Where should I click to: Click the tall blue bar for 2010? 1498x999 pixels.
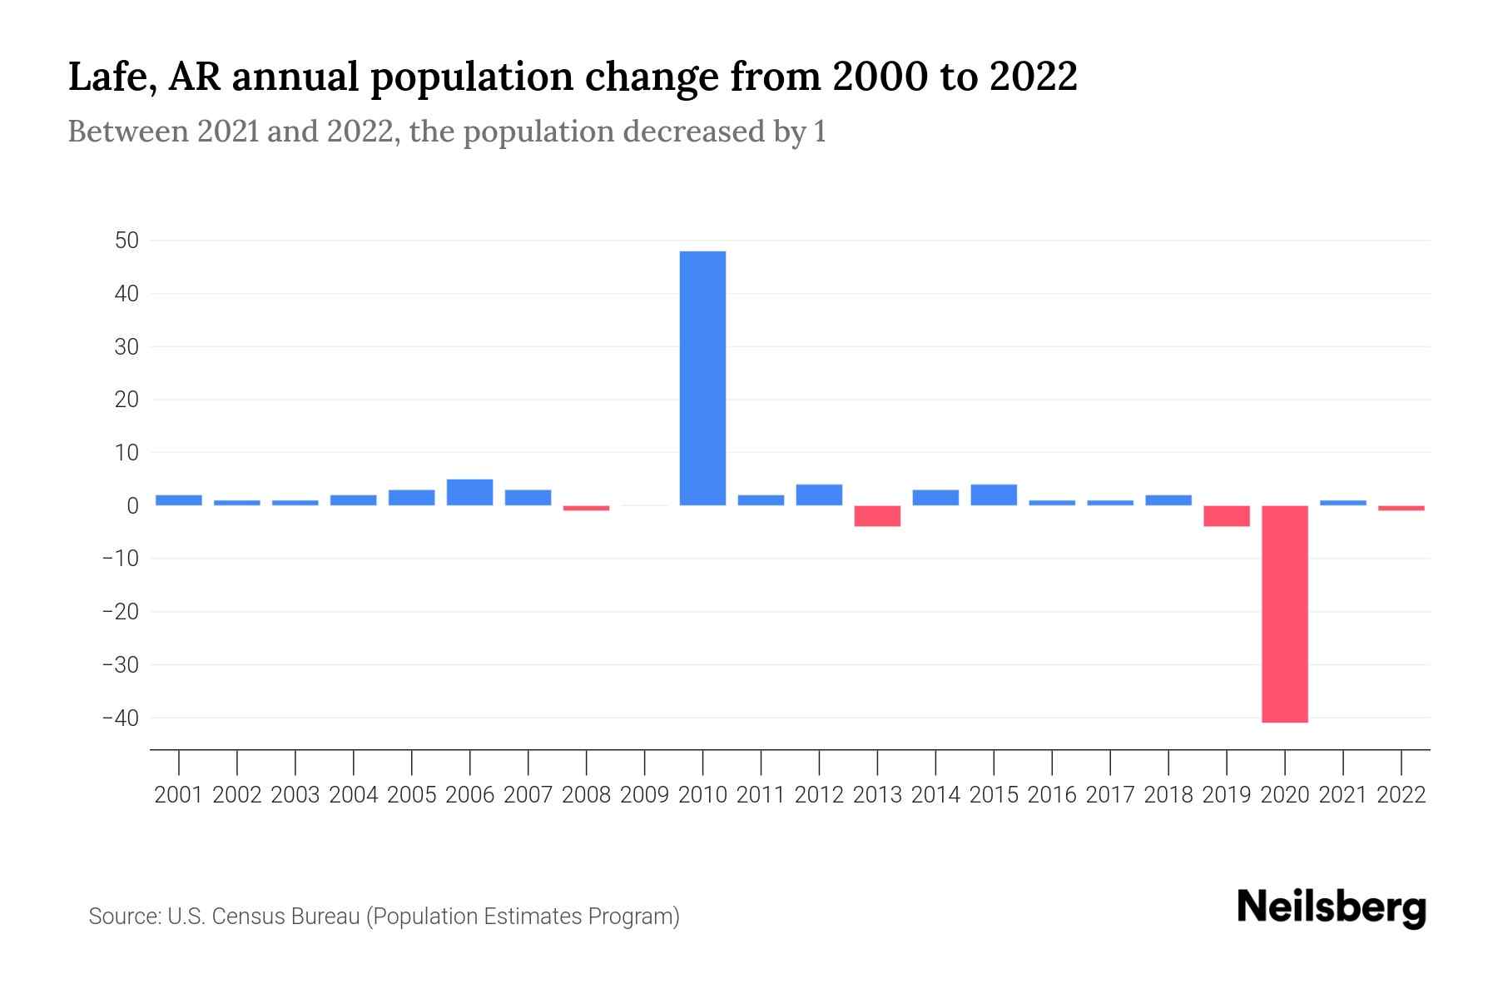702,378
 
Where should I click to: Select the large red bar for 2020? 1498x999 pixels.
1284,614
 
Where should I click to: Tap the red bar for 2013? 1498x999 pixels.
877,516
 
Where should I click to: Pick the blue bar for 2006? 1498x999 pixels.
469,493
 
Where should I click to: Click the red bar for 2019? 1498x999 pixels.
1226,516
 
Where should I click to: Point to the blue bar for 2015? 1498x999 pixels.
994,495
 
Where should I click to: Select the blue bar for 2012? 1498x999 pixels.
819,495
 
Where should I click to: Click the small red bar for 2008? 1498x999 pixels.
586,508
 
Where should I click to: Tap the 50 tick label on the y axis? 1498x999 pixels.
127,241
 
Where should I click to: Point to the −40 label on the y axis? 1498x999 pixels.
121,718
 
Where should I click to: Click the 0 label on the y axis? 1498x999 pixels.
133,505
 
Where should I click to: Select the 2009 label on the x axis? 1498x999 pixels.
644,795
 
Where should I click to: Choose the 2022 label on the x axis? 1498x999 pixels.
1401,795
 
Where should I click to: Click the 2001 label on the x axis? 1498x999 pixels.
179,795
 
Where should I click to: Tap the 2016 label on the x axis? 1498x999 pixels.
1052,795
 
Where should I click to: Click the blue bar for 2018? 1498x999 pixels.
1168,500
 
